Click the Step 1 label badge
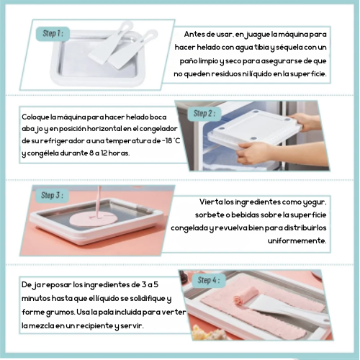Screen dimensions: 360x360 53,34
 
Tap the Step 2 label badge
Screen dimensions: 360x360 204,114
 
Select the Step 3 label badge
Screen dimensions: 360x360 52,196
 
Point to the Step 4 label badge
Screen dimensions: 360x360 209,280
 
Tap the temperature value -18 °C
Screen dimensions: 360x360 171,140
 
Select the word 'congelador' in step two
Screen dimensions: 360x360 158,129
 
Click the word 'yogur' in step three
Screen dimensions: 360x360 314,202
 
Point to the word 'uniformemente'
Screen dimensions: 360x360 297,240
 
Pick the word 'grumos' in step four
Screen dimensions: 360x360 60,312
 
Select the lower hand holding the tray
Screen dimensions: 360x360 256,153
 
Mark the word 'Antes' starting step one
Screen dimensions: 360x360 194,35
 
